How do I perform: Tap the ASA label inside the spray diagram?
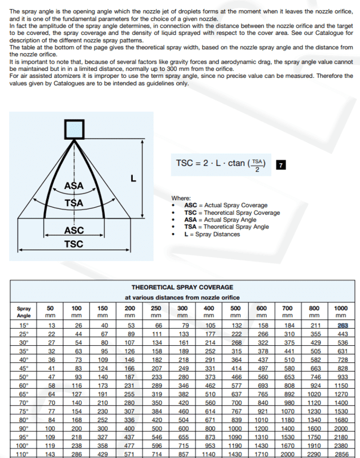[x=74, y=185]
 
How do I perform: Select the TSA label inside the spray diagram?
[x=74, y=203]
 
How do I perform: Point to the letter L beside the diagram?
[x=133, y=179]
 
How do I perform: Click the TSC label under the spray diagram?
[x=74, y=244]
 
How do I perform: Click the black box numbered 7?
[x=280, y=165]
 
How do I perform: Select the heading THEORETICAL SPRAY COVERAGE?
[x=183, y=287]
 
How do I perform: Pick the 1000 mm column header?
[x=341, y=311]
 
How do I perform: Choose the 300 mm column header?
[x=183, y=311]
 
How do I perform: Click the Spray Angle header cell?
[x=24, y=311]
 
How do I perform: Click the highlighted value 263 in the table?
[x=342, y=325]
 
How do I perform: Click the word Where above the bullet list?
[x=181, y=198]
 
